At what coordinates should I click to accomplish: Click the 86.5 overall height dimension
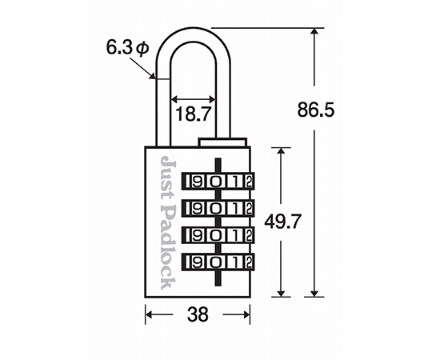point(316,110)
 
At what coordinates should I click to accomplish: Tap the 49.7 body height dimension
point(283,221)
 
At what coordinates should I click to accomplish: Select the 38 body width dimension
point(198,314)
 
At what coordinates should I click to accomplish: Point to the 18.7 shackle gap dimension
point(193,114)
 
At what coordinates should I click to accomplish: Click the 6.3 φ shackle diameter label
point(127,48)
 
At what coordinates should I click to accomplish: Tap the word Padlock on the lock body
point(168,247)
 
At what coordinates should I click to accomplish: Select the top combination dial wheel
point(218,182)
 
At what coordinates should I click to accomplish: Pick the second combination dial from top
point(218,208)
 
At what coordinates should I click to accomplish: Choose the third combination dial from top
point(218,235)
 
